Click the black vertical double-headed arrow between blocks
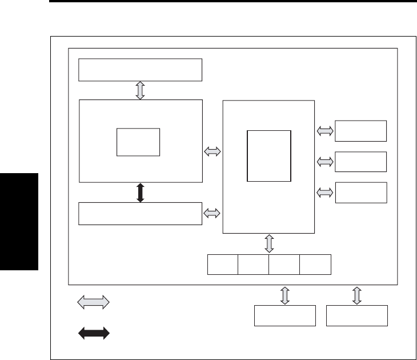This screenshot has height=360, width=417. (141, 192)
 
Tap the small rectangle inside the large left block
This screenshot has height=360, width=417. (138, 142)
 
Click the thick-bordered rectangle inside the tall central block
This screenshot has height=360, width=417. (269, 155)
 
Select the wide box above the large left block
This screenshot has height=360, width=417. (141, 70)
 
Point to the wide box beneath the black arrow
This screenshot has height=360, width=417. (141, 213)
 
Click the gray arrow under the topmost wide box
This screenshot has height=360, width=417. (141, 90)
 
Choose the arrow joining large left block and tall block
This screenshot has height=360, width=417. (212, 151)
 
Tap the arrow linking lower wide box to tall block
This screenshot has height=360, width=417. (212, 213)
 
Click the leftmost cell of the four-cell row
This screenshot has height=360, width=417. (222, 265)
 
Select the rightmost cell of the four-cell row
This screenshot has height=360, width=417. (315, 265)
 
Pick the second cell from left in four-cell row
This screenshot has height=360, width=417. (253, 265)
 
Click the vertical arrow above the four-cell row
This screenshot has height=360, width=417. (269, 243)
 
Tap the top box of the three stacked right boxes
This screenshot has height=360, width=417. (360, 131)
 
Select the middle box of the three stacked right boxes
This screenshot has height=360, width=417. (360, 162)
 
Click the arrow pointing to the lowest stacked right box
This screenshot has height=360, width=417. (325, 193)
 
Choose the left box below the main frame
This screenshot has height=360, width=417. (284, 315)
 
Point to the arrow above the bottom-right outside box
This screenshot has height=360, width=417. (357, 295)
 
